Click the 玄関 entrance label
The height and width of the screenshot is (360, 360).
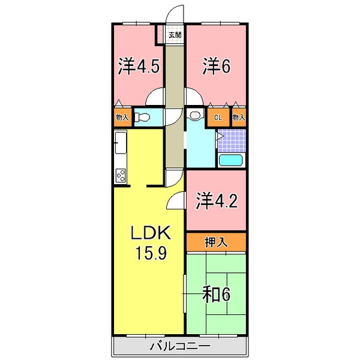coord(174,35)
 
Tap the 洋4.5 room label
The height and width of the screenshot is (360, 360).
coord(139,66)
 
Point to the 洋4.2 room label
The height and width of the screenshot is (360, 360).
coord(216,201)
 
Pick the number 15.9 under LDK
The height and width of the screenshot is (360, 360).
coord(149,253)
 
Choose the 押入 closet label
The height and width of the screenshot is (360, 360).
coord(215,242)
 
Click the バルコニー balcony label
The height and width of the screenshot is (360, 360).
coord(179,346)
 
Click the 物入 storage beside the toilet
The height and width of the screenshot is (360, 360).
coord(121,117)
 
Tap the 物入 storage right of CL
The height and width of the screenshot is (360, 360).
coord(239,117)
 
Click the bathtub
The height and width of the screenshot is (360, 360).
coord(230,160)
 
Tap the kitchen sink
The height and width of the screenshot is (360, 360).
coord(119,145)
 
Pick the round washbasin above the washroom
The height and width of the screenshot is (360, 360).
coord(195,115)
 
